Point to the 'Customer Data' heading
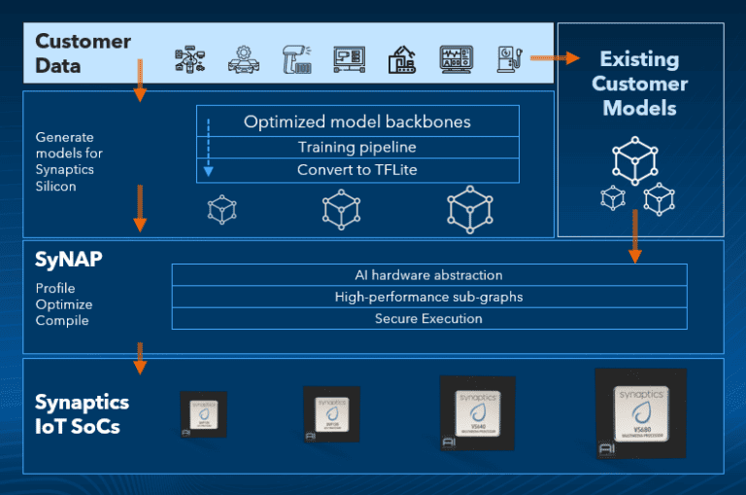click(x=83, y=54)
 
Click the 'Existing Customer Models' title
click(x=639, y=83)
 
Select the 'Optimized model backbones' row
click(x=357, y=122)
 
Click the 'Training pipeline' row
click(x=357, y=148)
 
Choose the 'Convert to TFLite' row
click(x=357, y=170)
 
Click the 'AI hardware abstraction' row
click(x=429, y=275)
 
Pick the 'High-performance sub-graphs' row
click(x=429, y=297)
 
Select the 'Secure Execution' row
click(x=429, y=318)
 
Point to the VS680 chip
click(x=640, y=413)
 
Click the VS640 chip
click(x=477, y=413)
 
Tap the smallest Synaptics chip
click(x=203, y=413)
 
